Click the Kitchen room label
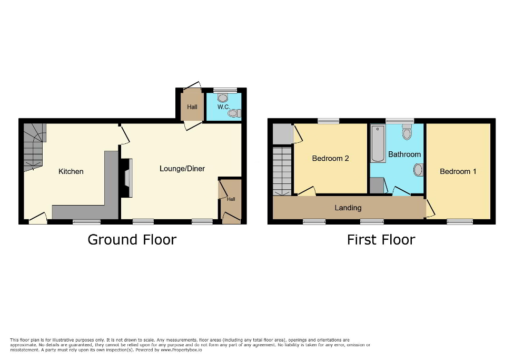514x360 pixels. [x=71, y=171]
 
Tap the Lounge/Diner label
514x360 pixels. [x=182, y=169]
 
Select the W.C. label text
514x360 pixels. [x=223, y=107]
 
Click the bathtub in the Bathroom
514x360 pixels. [x=377, y=143]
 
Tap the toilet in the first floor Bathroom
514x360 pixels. [x=407, y=132]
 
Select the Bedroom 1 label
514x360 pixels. [x=458, y=171]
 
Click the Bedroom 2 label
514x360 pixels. [x=331, y=158]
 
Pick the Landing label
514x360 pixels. [x=348, y=208]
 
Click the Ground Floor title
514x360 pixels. [x=132, y=240]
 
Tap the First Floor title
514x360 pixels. [x=381, y=240]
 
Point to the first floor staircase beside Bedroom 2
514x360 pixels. [x=283, y=171]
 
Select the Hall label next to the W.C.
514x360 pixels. [x=192, y=107]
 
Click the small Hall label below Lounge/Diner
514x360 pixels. [x=231, y=199]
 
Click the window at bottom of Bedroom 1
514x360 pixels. [x=460, y=222]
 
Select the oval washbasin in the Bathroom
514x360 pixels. [x=418, y=170]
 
